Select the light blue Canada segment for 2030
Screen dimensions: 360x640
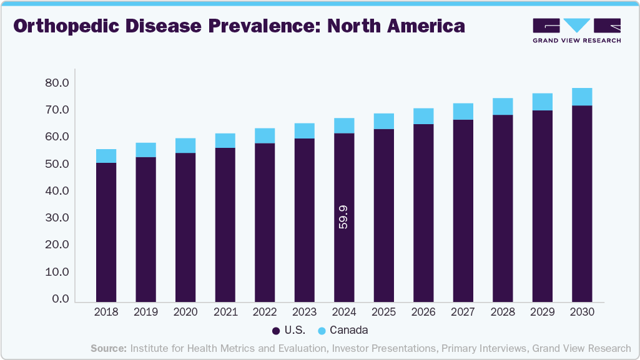[582, 97]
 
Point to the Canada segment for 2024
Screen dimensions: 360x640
[344, 125]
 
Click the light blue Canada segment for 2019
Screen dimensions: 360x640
[145, 150]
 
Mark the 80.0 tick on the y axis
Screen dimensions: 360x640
[57, 83]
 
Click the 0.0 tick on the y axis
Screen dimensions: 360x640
[61, 299]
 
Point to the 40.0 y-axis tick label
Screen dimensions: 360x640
[57, 192]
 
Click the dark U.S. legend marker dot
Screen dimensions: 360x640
[275, 330]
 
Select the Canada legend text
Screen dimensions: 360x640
[348, 330]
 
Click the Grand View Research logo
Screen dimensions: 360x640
[576, 30]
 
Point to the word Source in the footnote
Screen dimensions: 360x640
[109, 348]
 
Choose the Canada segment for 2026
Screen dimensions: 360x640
[423, 116]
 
